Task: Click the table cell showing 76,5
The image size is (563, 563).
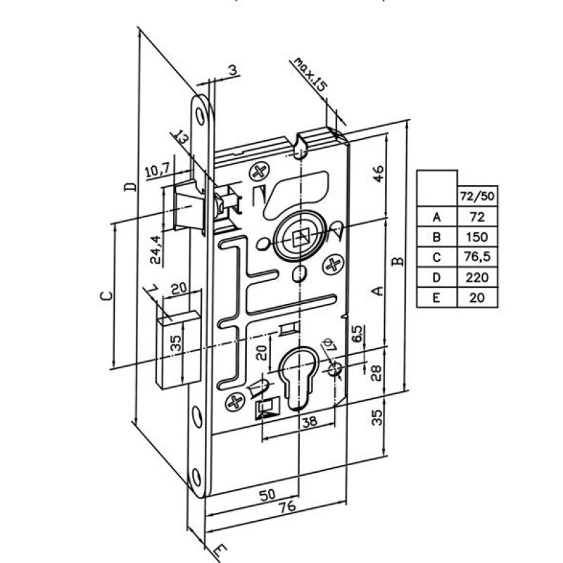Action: [477, 257]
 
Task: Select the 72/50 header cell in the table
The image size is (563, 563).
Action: [477, 196]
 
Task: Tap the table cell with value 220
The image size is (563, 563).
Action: [477, 277]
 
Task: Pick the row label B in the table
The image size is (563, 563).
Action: [436, 237]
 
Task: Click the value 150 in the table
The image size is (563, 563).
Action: [477, 237]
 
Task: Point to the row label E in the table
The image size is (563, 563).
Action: [436, 298]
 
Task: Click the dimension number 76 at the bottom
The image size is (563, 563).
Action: [287, 507]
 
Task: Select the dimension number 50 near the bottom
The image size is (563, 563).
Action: [267, 495]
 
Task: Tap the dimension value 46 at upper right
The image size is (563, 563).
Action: [378, 174]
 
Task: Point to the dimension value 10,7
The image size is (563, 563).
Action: [159, 171]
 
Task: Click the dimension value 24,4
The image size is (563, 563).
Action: [156, 250]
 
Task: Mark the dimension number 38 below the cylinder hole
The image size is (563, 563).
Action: [310, 421]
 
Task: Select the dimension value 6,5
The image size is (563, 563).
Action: [358, 334]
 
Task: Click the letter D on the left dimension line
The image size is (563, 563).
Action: [131, 186]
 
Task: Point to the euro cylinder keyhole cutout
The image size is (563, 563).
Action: [297, 377]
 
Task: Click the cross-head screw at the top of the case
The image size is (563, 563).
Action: [259, 172]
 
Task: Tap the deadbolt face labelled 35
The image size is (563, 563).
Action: [178, 350]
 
